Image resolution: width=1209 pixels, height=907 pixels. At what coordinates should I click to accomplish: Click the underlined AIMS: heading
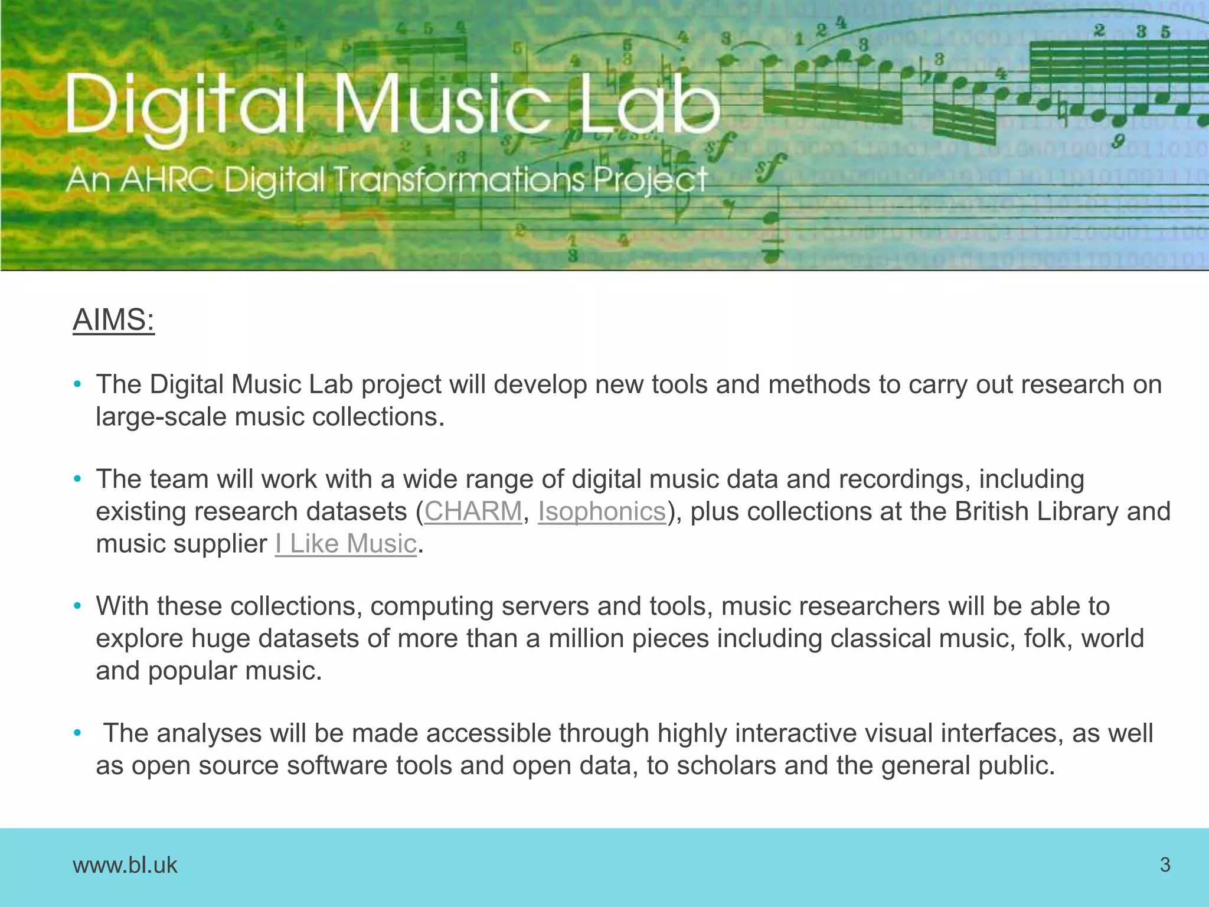tap(113, 321)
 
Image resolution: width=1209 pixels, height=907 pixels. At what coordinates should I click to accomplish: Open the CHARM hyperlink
tap(473, 511)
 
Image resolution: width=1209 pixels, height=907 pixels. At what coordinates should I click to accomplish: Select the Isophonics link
tap(602, 511)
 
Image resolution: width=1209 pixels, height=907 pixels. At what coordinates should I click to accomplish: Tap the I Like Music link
tap(346, 544)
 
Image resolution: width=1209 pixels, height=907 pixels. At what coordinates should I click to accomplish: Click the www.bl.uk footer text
tap(125, 865)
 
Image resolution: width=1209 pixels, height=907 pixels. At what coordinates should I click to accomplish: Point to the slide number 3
tap(1165, 864)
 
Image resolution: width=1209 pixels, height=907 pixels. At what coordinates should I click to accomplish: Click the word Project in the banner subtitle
tap(650, 180)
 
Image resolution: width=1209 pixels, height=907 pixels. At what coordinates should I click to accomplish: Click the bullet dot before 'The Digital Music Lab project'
tap(77, 385)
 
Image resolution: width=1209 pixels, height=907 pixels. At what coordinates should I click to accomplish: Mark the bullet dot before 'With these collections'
tap(77, 606)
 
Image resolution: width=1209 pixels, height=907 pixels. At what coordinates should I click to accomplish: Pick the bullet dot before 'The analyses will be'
tap(77, 733)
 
